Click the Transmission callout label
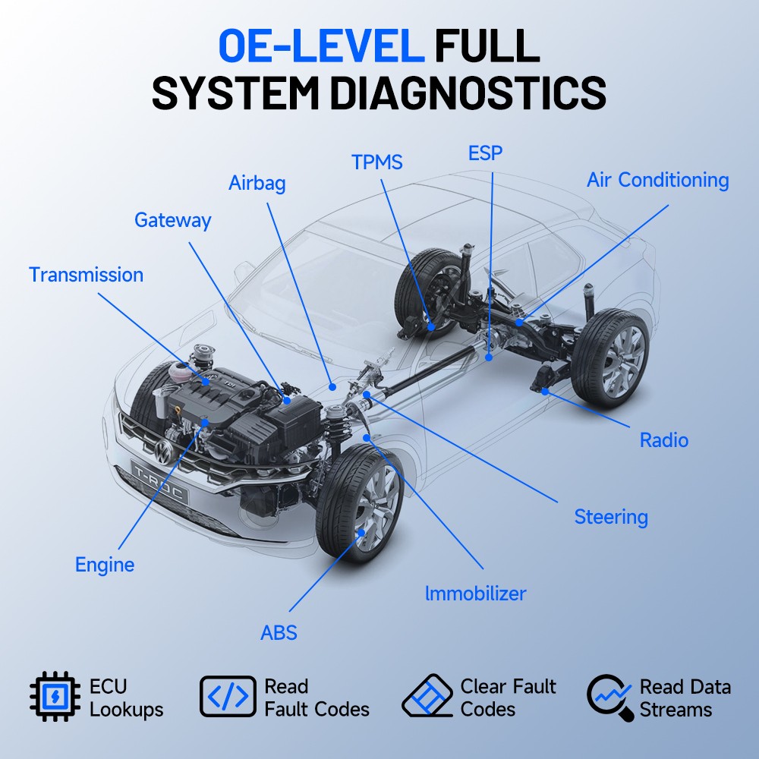[87, 275]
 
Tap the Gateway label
[173, 220]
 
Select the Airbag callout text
[257, 184]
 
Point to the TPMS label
[377, 162]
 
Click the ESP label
[485, 153]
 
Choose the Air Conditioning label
[658, 180]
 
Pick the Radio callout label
[664, 440]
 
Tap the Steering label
[611, 517]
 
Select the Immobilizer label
[475, 594]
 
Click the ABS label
[279, 633]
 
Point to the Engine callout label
[105, 565]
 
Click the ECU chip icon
[55, 697]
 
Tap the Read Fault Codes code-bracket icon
[228, 697]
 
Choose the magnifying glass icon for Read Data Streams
[610, 698]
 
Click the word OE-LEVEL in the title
[321, 46]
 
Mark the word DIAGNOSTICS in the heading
[468, 93]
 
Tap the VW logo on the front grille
[164, 452]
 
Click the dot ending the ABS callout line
[361, 533]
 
